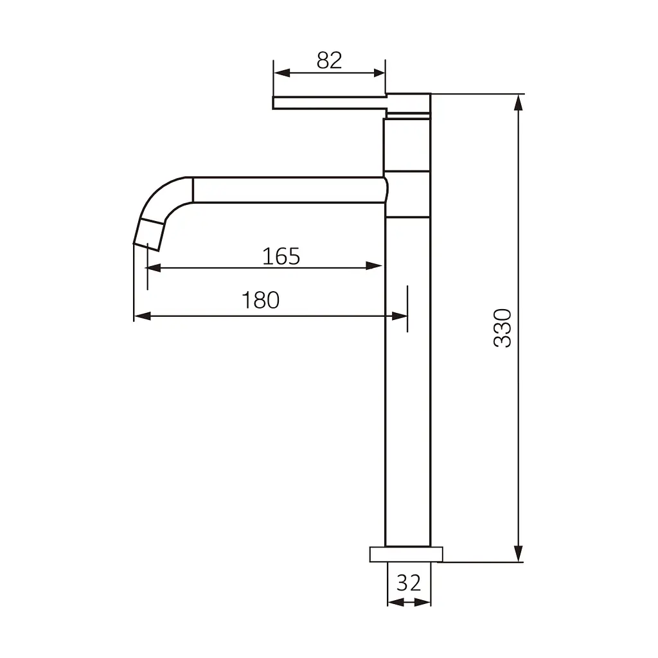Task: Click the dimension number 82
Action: pyautogui.click(x=330, y=60)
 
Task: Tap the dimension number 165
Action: pyautogui.click(x=281, y=256)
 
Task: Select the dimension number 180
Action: pyautogui.click(x=261, y=300)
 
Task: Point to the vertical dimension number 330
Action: pyautogui.click(x=502, y=328)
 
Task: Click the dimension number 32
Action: pyautogui.click(x=409, y=583)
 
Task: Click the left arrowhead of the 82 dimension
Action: pyautogui.click(x=281, y=73)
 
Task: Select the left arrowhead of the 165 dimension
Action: pyautogui.click(x=153, y=268)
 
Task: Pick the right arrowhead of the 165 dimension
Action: pyautogui.click(x=374, y=265)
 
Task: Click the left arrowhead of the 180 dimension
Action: pyautogui.click(x=142, y=316)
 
